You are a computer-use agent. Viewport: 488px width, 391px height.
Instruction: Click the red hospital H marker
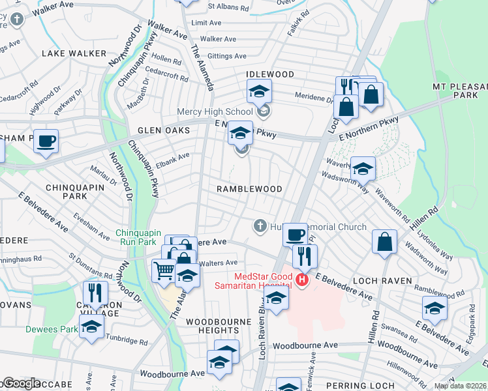[301, 281]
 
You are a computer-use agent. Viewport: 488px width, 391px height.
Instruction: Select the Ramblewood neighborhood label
[250, 189]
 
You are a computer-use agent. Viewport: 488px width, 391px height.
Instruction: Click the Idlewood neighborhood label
[270, 75]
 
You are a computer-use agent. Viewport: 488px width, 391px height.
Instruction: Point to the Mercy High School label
[224, 112]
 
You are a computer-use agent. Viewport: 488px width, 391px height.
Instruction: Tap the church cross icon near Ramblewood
[260, 226]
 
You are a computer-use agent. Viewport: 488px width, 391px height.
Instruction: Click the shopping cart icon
[163, 269]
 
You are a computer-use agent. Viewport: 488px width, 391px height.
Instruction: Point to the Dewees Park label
[51, 329]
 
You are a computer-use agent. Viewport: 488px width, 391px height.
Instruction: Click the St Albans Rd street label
[228, 7]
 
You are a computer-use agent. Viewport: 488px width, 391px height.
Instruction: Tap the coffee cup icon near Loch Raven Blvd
[296, 234]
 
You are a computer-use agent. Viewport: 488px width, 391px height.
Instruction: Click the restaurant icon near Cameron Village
[96, 293]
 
